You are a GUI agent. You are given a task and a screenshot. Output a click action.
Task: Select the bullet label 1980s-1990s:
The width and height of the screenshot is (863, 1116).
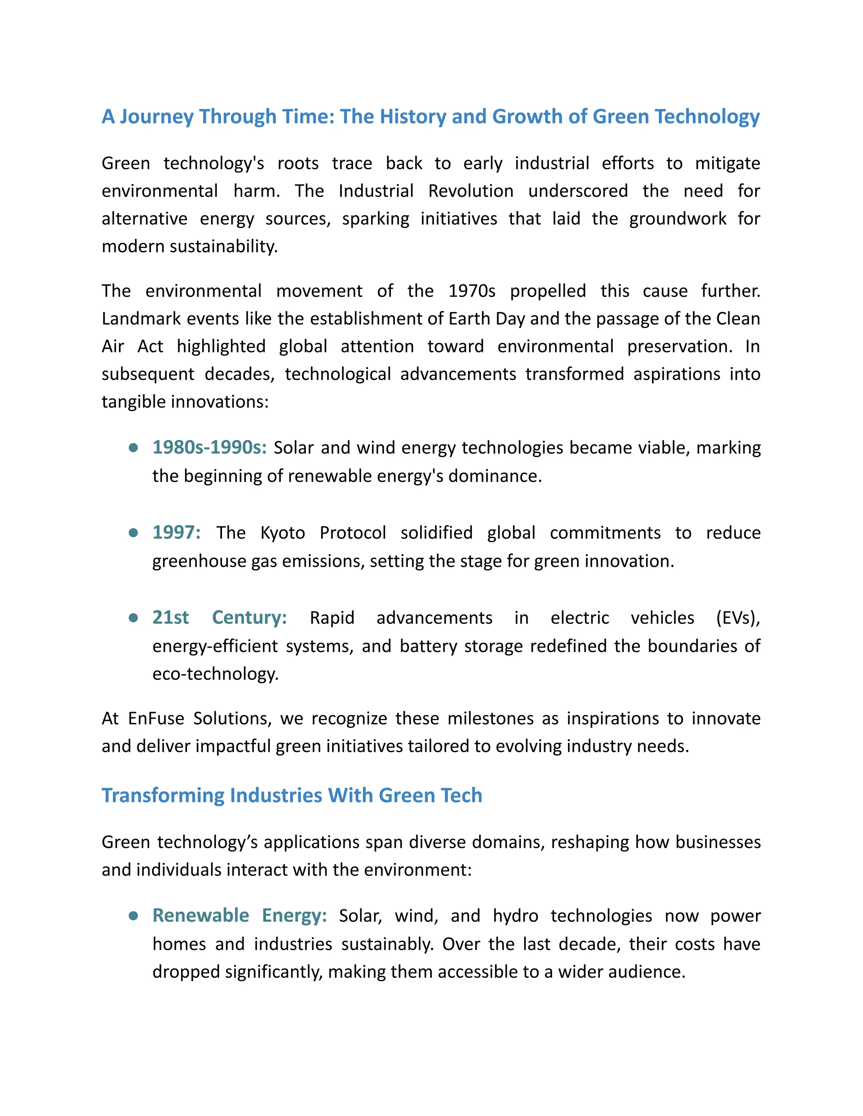(x=209, y=448)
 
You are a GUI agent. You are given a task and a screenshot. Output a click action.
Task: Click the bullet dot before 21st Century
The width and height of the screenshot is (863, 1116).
(x=134, y=618)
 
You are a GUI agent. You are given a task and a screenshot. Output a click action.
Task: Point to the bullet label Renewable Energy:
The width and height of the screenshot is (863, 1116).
(x=239, y=915)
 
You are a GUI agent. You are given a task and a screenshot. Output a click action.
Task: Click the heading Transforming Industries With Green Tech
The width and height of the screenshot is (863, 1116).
(x=292, y=796)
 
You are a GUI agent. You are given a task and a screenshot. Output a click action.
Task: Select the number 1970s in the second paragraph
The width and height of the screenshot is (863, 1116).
(x=472, y=291)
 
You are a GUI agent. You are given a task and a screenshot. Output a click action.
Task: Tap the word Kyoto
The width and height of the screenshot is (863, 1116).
(x=282, y=533)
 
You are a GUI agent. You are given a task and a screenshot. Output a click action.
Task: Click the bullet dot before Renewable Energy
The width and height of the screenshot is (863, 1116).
(x=134, y=916)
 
